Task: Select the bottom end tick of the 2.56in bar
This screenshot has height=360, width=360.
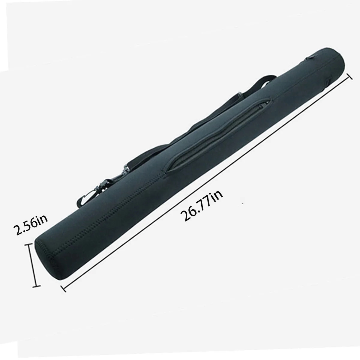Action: pos(37,286)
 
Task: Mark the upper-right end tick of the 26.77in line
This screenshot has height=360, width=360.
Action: pos(349,76)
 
